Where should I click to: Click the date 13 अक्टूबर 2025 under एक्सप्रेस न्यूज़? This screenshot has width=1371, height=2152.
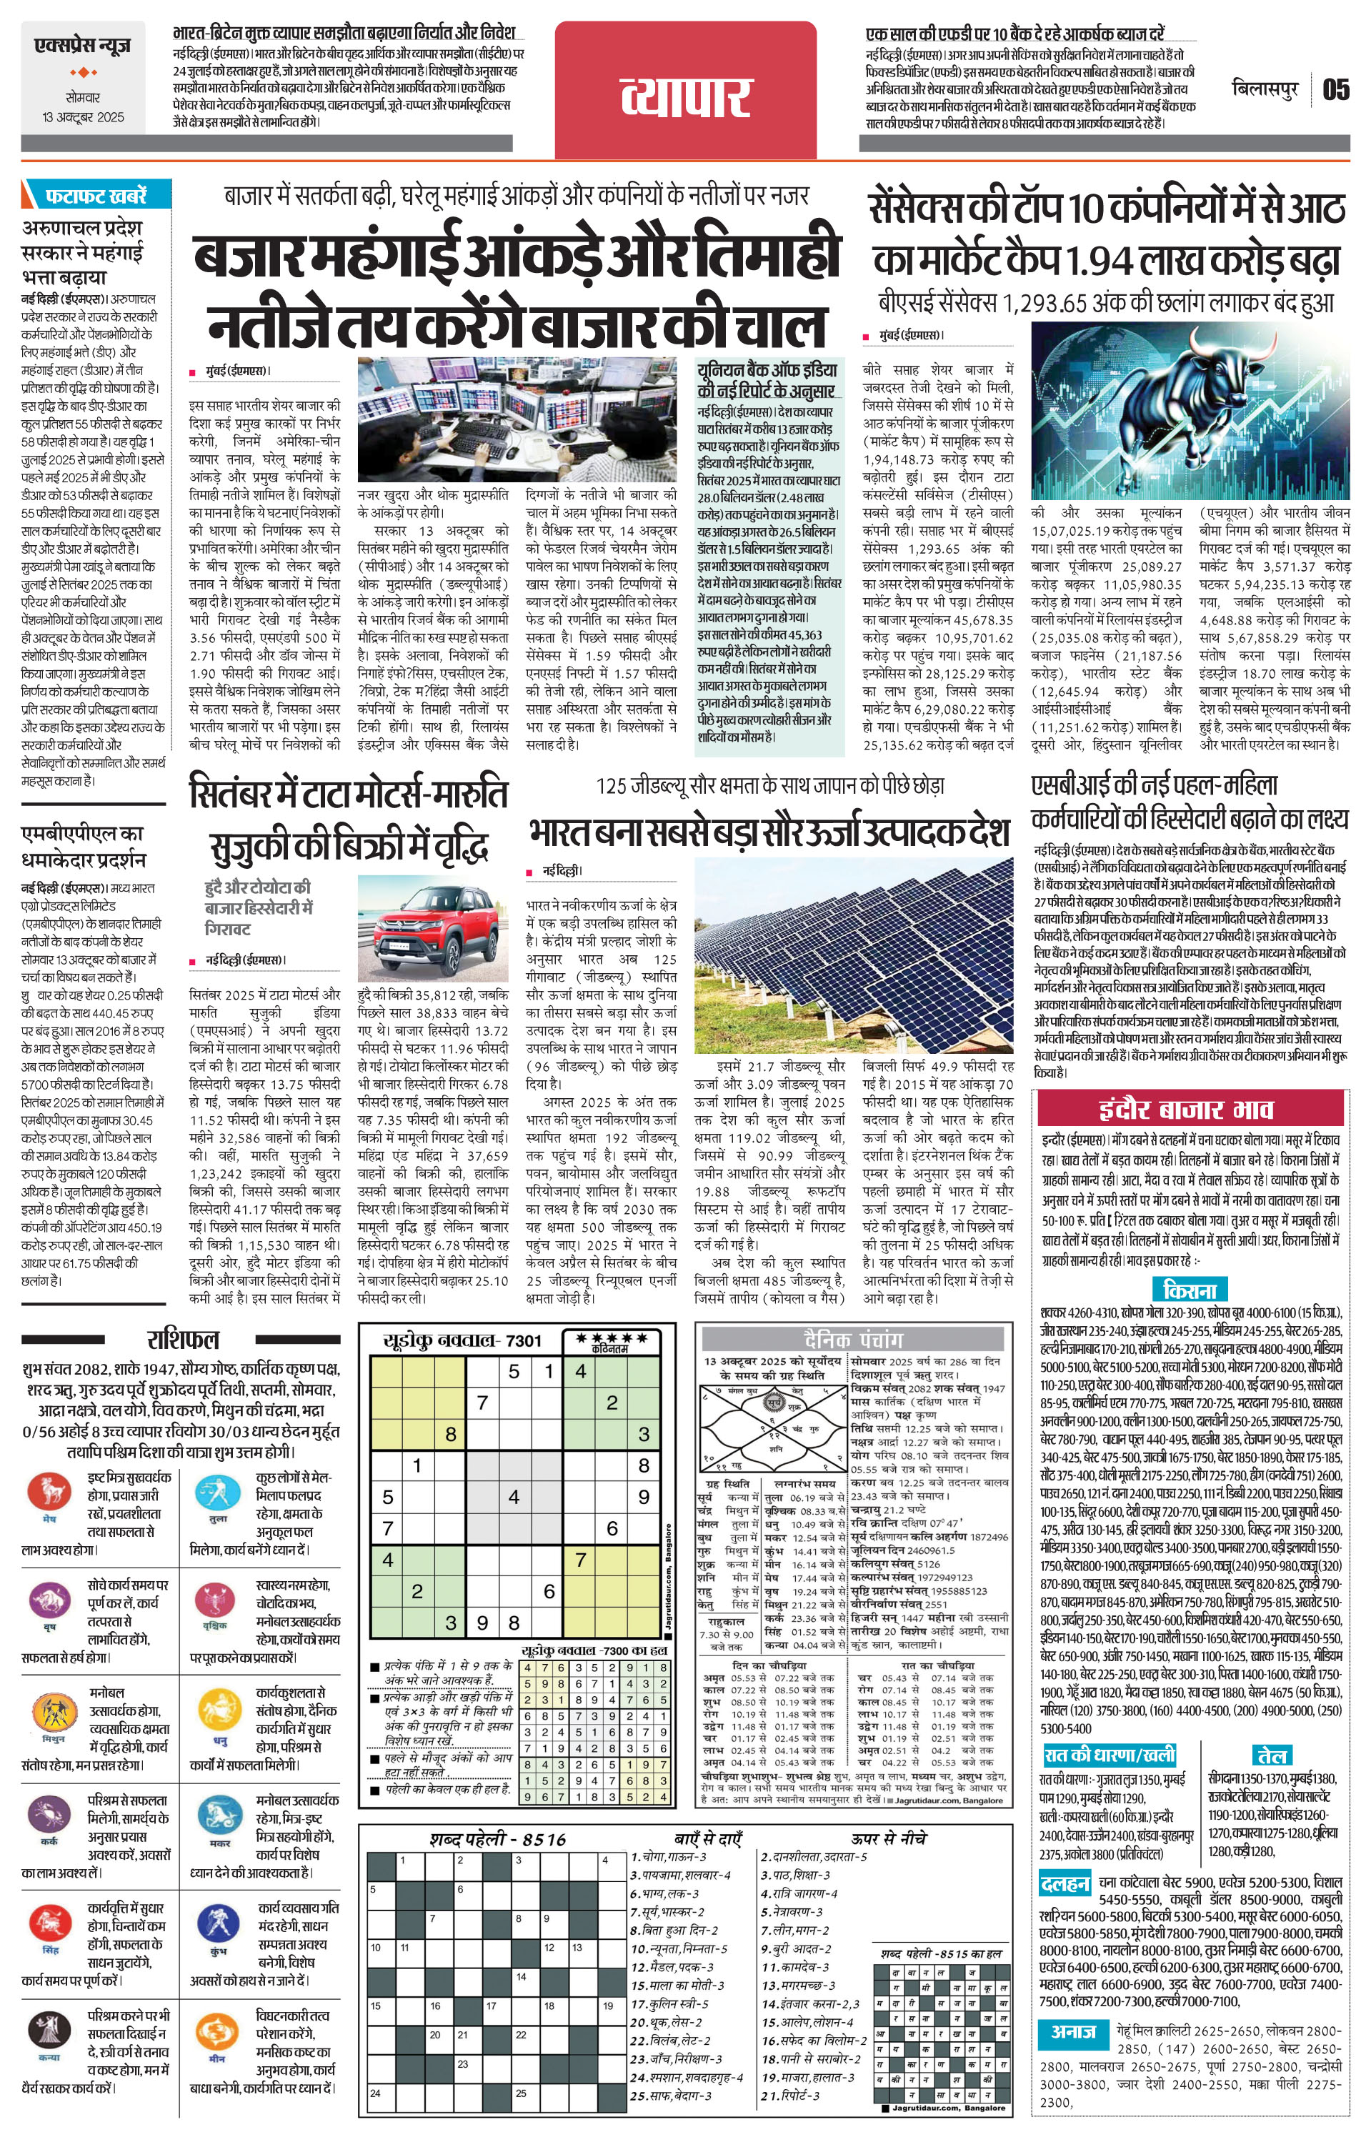[x=82, y=117]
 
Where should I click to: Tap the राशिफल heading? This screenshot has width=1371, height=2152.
[x=182, y=1340]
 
